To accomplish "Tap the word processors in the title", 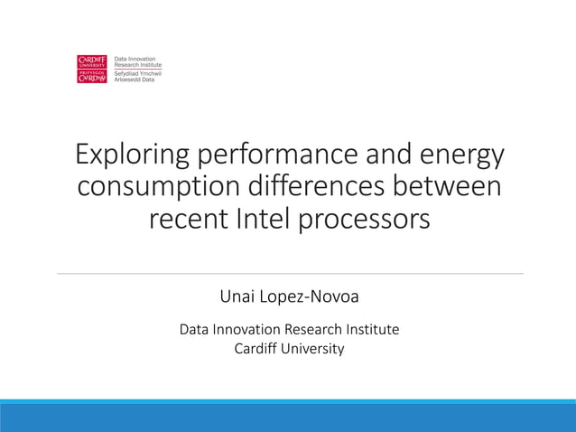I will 367,219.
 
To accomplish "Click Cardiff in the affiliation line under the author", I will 257,349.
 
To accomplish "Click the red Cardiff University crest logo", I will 93,69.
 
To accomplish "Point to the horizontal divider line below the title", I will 289,273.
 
